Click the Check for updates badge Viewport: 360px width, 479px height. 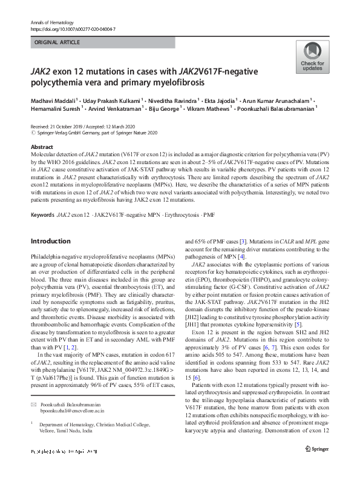pos(312,58)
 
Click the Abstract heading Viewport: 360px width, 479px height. pos(42,148)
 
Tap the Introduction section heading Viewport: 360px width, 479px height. pos(50,241)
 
